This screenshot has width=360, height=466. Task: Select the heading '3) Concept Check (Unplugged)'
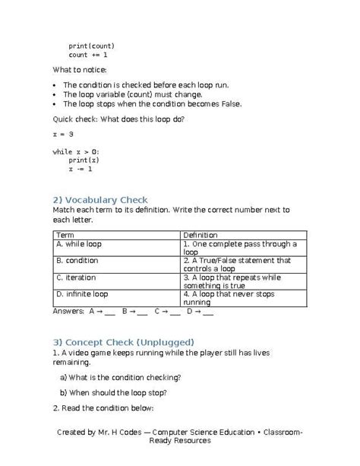[x=123, y=341]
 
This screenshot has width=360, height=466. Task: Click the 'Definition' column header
[x=201, y=236]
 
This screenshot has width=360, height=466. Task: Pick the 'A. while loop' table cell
[x=79, y=245]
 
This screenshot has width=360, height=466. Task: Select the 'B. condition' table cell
[x=77, y=261]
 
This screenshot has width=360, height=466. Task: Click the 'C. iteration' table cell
[x=76, y=277]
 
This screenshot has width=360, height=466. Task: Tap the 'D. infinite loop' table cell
[x=82, y=293]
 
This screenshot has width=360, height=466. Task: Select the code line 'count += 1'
[x=88, y=55]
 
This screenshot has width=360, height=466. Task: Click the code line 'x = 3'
[x=63, y=134]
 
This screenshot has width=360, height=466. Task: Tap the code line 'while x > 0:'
[x=76, y=152]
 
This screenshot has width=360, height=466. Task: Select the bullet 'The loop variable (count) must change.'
[x=133, y=94]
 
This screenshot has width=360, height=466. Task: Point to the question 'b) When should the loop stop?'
[x=113, y=393]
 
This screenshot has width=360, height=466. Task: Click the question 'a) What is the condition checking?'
[x=120, y=377]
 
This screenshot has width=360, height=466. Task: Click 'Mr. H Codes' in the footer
[x=113, y=432]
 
